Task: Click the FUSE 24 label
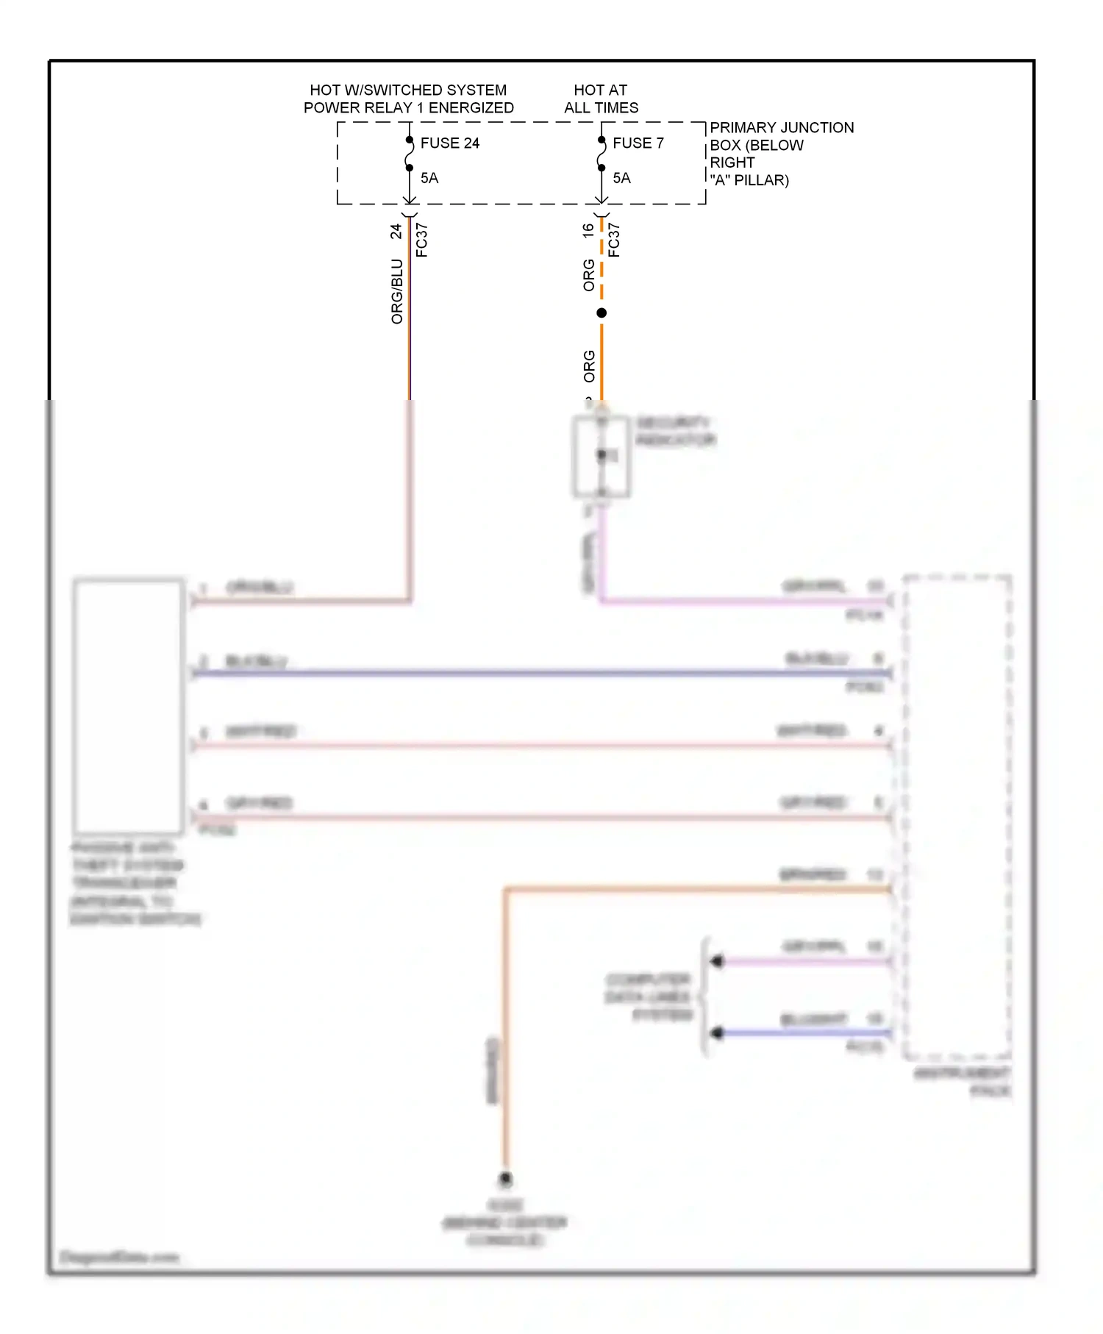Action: click(449, 143)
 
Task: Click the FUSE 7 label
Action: click(638, 143)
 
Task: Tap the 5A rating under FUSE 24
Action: click(429, 178)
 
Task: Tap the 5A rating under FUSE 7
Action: click(621, 178)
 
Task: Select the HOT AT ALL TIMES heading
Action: click(601, 99)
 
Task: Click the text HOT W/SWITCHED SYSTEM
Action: click(408, 90)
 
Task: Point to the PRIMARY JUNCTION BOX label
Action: click(781, 128)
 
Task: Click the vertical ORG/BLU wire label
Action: click(397, 291)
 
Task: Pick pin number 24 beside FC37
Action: click(396, 231)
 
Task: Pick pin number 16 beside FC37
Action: click(588, 229)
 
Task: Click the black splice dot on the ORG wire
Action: click(602, 313)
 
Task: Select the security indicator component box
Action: click(601, 457)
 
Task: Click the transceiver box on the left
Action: click(129, 706)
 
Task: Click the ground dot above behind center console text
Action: click(506, 1179)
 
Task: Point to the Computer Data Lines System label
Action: click(649, 997)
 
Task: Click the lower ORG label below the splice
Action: click(589, 366)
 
